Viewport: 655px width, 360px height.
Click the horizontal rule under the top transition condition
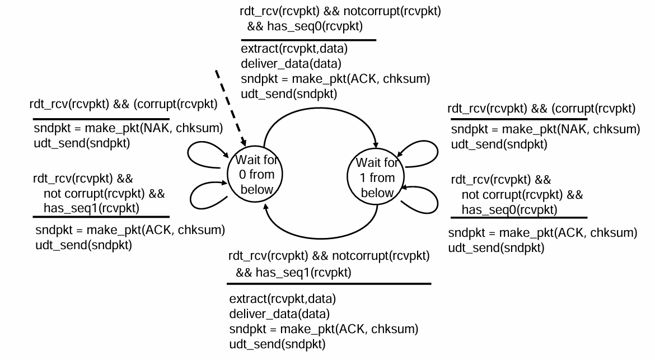pyautogui.click(x=308, y=40)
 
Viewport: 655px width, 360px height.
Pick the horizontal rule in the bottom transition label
pyautogui.click(x=330, y=284)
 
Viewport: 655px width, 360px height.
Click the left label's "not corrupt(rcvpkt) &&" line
pyautogui.click(x=105, y=194)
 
